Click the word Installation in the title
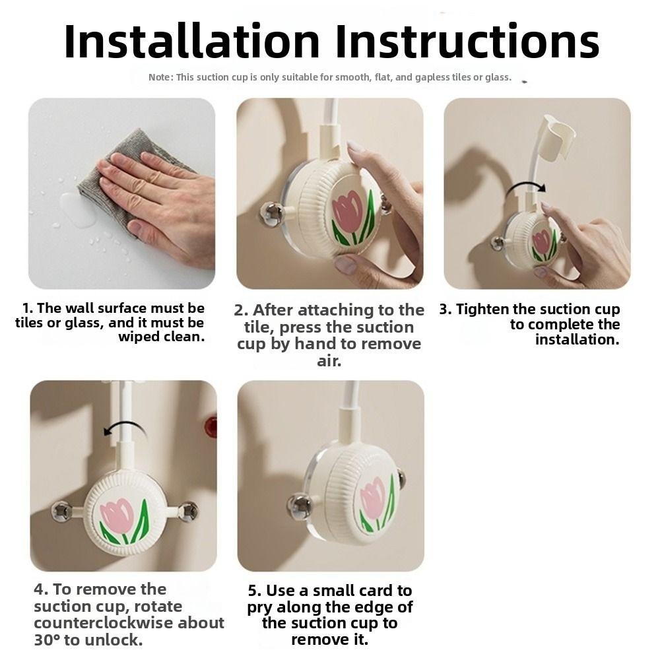click(192, 41)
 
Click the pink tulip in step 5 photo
click(373, 499)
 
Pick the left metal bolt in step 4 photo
click(61, 510)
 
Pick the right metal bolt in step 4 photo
click(187, 510)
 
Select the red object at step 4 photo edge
click(211, 427)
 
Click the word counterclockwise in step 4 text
click(103, 623)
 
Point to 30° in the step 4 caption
click(47, 640)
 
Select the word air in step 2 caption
click(328, 361)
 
